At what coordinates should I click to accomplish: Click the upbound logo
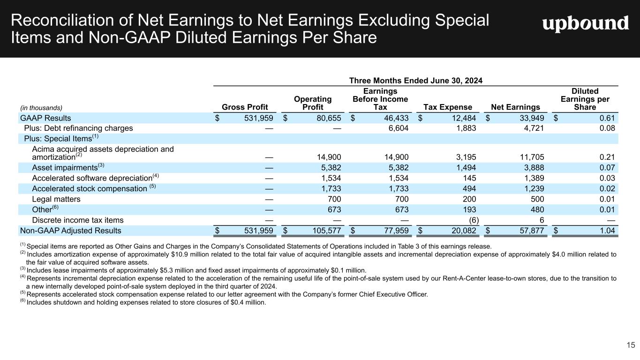click(586, 23)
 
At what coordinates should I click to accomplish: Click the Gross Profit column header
click(244, 107)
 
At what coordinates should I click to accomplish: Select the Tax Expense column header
click(447, 107)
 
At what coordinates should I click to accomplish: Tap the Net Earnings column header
click(515, 107)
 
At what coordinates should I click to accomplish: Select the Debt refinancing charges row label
click(78, 128)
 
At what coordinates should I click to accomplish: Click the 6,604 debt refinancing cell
click(397, 128)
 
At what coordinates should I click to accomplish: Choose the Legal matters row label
click(56, 199)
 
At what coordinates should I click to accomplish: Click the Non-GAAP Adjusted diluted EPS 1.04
click(607, 231)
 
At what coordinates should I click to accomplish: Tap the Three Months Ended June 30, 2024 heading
click(416, 81)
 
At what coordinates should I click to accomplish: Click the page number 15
click(631, 345)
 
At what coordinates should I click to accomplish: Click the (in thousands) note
click(40, 108)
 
